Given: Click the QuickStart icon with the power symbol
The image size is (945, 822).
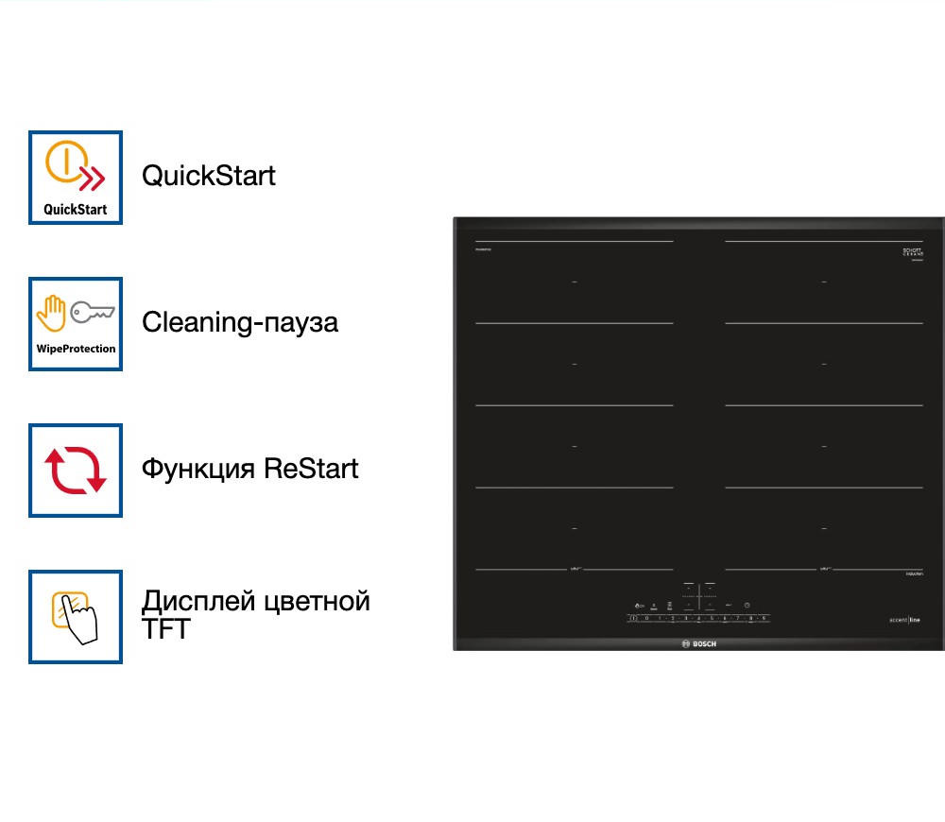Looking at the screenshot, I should click(x=76, y=178).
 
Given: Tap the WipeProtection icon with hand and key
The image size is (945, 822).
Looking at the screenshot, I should click(x=76, y=324).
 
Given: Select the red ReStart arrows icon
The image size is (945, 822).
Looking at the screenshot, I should click(x=76, y=471).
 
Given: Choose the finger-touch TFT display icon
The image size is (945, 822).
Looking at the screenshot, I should click(x=76, y=617).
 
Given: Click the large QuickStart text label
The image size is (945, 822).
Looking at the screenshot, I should click(x=209, y=176).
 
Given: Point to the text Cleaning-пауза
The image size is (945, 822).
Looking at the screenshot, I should click(x=240, y=322).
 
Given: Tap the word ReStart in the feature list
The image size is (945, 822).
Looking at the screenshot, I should click(x=312, y=469).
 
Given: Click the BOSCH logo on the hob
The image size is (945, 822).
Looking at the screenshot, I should click(x=699, y=643).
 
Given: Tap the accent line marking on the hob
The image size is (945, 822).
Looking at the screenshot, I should click(x=903, y=620).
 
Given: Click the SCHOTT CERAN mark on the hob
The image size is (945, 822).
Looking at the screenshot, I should click(x=912, y=253).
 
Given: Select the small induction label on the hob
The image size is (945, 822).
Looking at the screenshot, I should click(x=912, y=572).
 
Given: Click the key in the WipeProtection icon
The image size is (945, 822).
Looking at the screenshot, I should click(x=93, y=311).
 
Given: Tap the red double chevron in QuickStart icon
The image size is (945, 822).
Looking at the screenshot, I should click(x=92, y=178).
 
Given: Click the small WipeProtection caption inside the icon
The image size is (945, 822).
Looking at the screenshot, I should click(x=76, y=349).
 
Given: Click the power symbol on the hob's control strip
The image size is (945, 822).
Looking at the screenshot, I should click(x=632, y=618).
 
